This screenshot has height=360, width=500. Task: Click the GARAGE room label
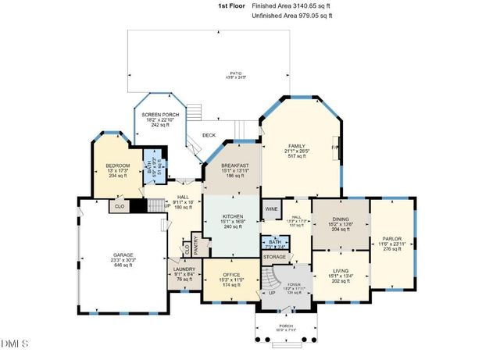[123, 255]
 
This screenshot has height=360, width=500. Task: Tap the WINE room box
[271, 209]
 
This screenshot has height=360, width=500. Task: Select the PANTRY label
[197, 245]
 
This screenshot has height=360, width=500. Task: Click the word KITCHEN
[232, 216]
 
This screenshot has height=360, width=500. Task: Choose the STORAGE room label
[274, 256]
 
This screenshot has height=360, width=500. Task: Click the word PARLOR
[391, 238]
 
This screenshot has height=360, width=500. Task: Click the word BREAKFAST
[234, 166]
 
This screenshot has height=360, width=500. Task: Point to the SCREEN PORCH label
[160, 115]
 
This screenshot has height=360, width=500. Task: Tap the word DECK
[209, 135]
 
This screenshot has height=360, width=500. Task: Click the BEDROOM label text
[118, 166]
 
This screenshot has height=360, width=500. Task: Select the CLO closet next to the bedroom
[119, 206]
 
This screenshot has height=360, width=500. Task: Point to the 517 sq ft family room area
[297, 157]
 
